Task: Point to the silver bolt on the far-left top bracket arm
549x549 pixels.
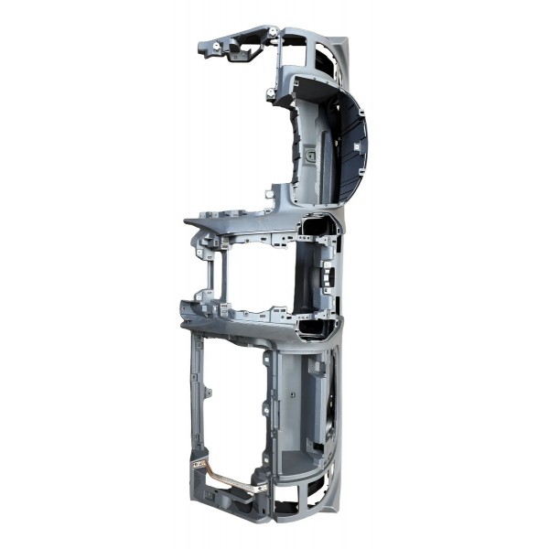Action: [216, 45]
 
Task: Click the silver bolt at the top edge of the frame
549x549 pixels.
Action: [274, 34]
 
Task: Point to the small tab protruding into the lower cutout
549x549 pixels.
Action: [209, 393]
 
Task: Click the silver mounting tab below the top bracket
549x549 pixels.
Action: [272, 93]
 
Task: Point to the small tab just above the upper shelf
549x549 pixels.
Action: [268, 193]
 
